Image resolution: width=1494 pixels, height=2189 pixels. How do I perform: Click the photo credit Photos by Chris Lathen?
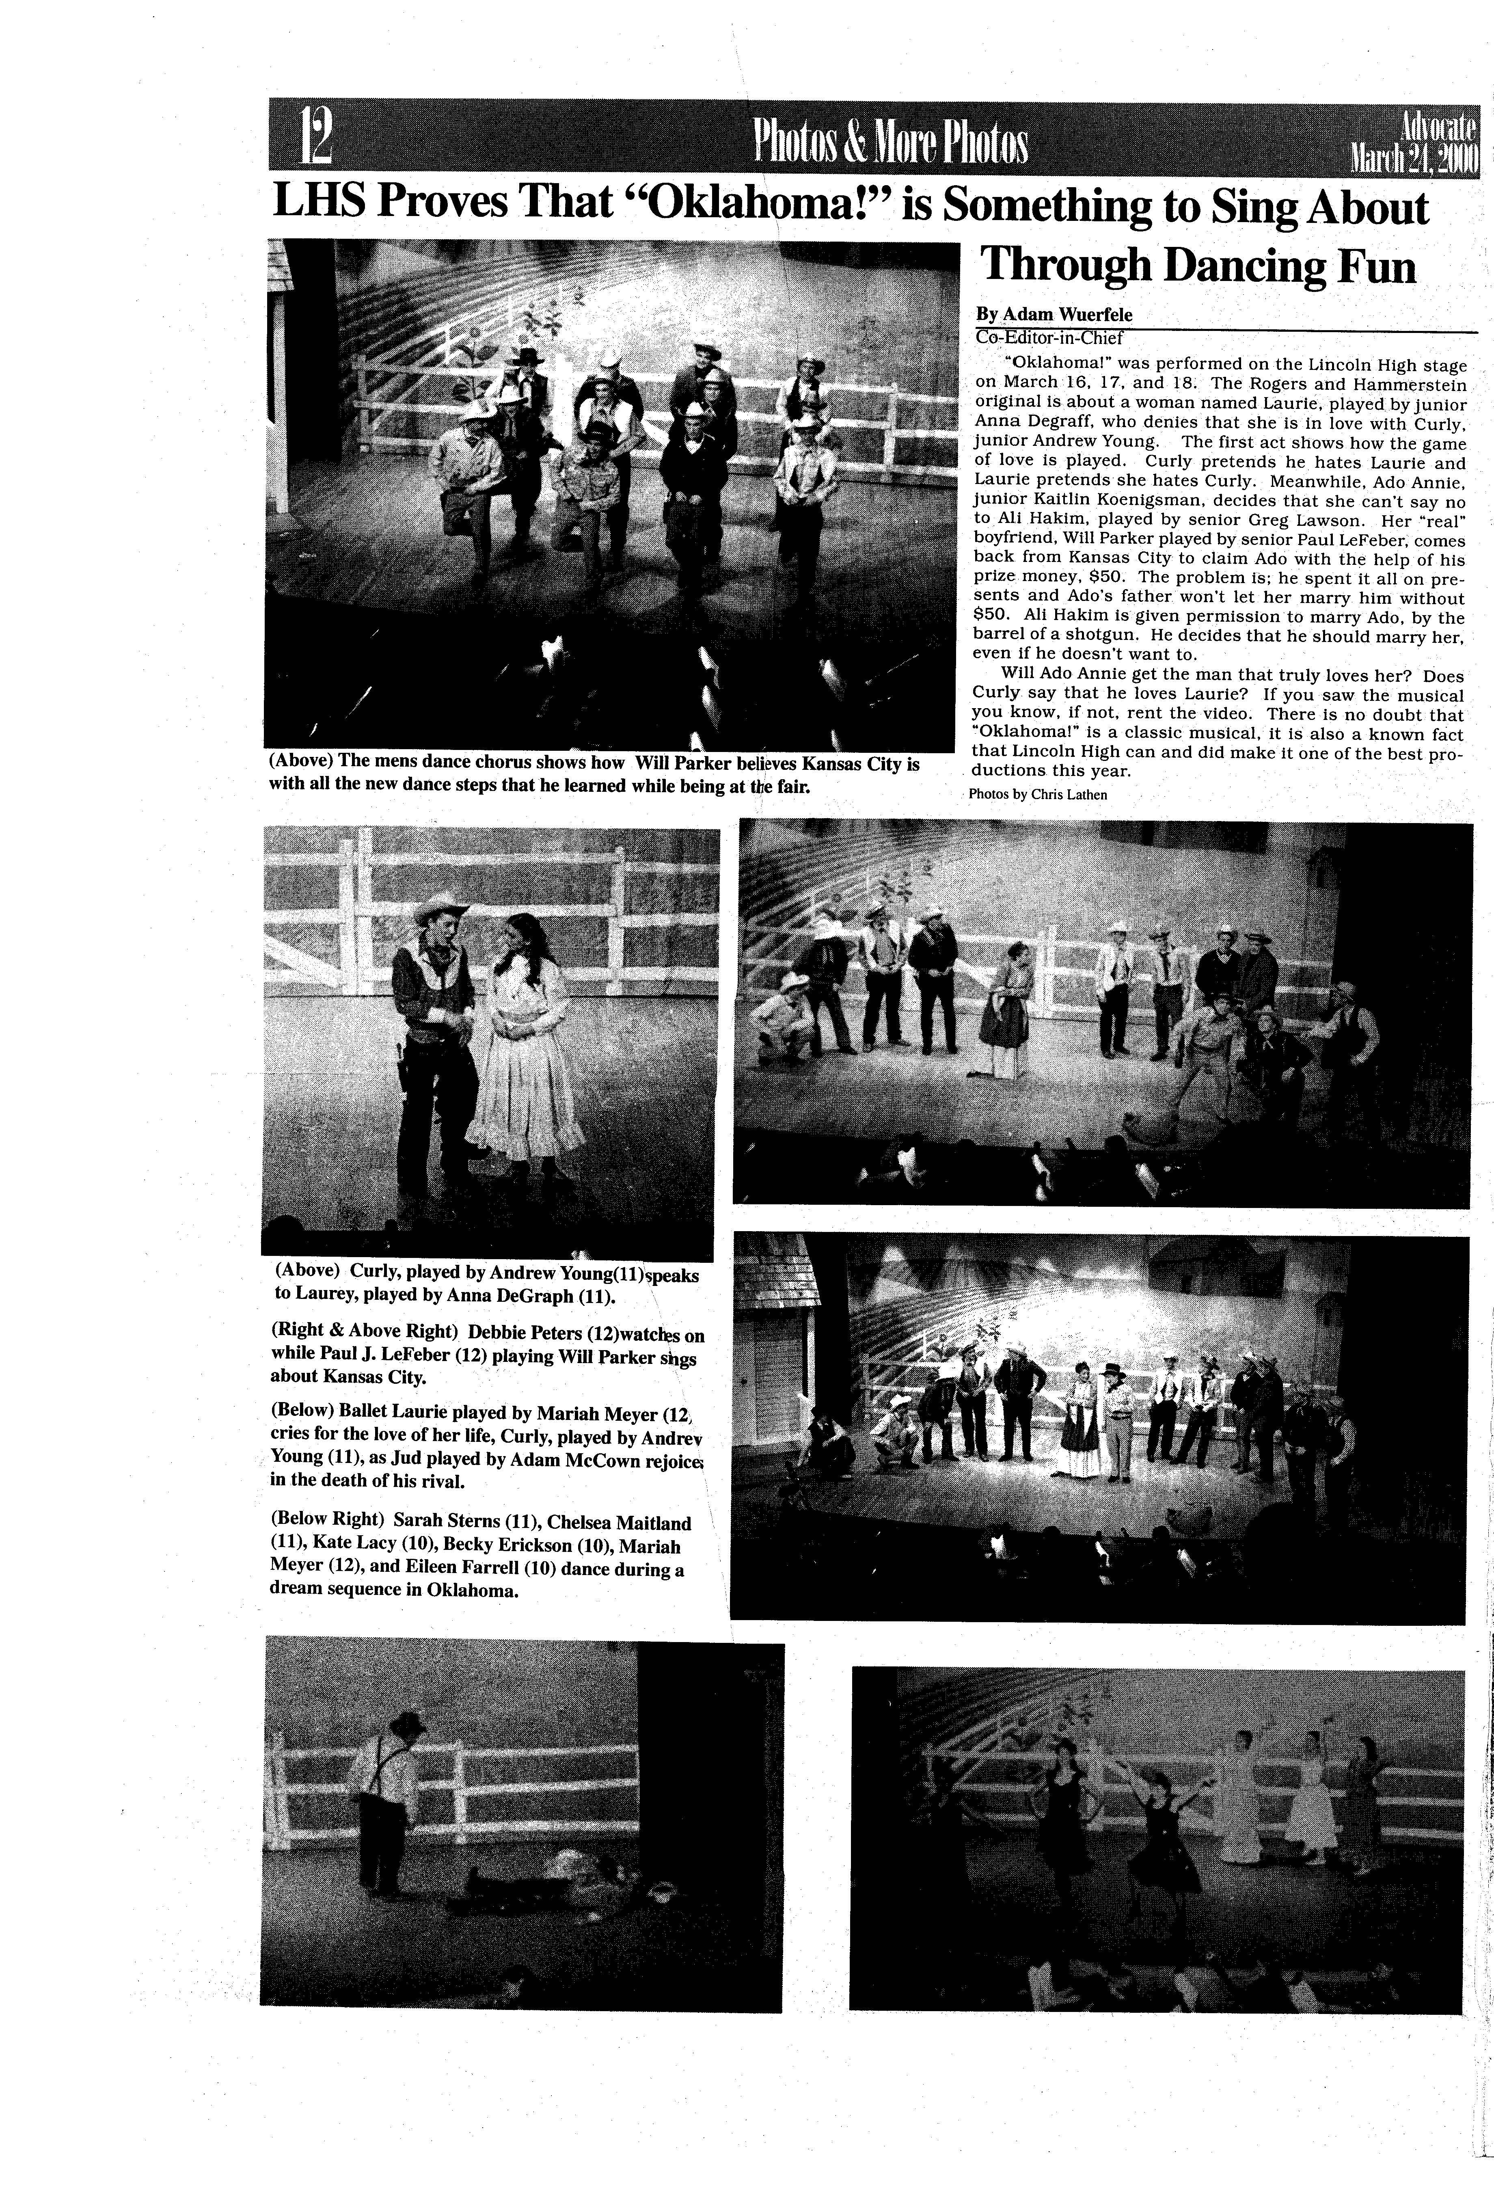pyautogui.click(x=1038, y=794)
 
